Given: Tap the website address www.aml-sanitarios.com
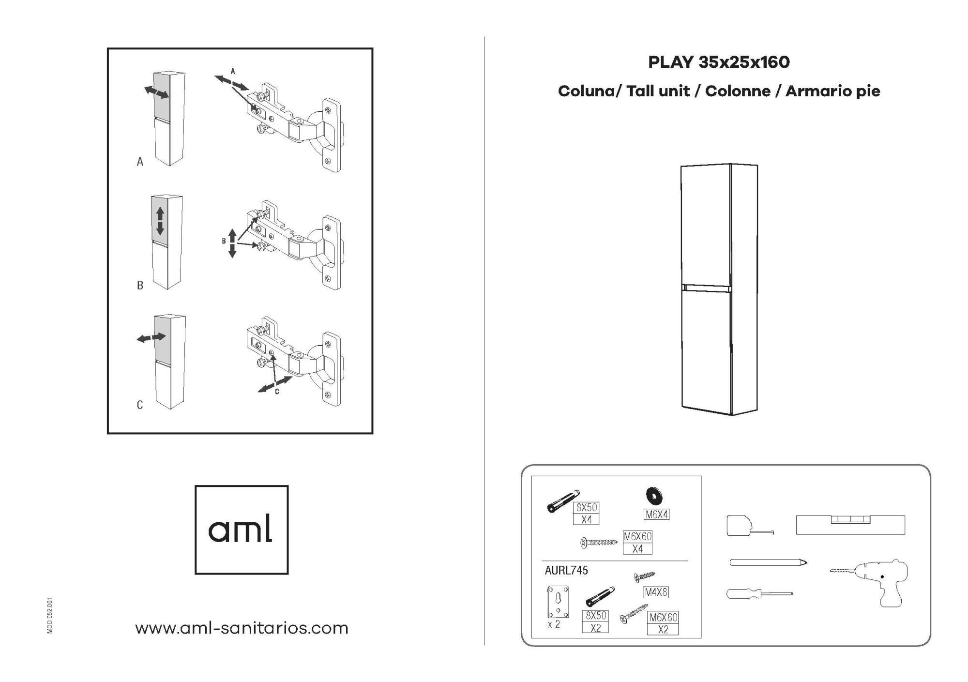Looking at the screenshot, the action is (242, 628).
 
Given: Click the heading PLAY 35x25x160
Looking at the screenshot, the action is (719, 62).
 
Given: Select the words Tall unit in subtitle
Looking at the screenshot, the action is (658, 91).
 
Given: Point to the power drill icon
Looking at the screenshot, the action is (871, 582).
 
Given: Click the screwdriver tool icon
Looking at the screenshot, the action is (759, 593).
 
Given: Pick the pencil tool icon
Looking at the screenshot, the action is (768, 562).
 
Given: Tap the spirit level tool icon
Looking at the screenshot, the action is (850, 525).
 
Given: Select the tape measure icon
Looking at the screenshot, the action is (749, 526).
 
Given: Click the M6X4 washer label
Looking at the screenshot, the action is (656, 515).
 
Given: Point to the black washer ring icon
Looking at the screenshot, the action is (655, 496).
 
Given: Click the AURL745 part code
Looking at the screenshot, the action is (566, 570).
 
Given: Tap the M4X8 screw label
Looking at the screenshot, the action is (656, 592).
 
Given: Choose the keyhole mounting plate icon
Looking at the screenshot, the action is (558, 601).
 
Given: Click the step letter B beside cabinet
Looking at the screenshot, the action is (140, 286).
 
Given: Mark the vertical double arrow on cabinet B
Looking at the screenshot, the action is (160, 221).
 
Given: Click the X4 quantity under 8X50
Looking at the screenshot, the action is (587, 519).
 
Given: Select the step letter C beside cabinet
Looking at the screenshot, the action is (140, 405).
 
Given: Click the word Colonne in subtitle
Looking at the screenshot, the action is (738, 91).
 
